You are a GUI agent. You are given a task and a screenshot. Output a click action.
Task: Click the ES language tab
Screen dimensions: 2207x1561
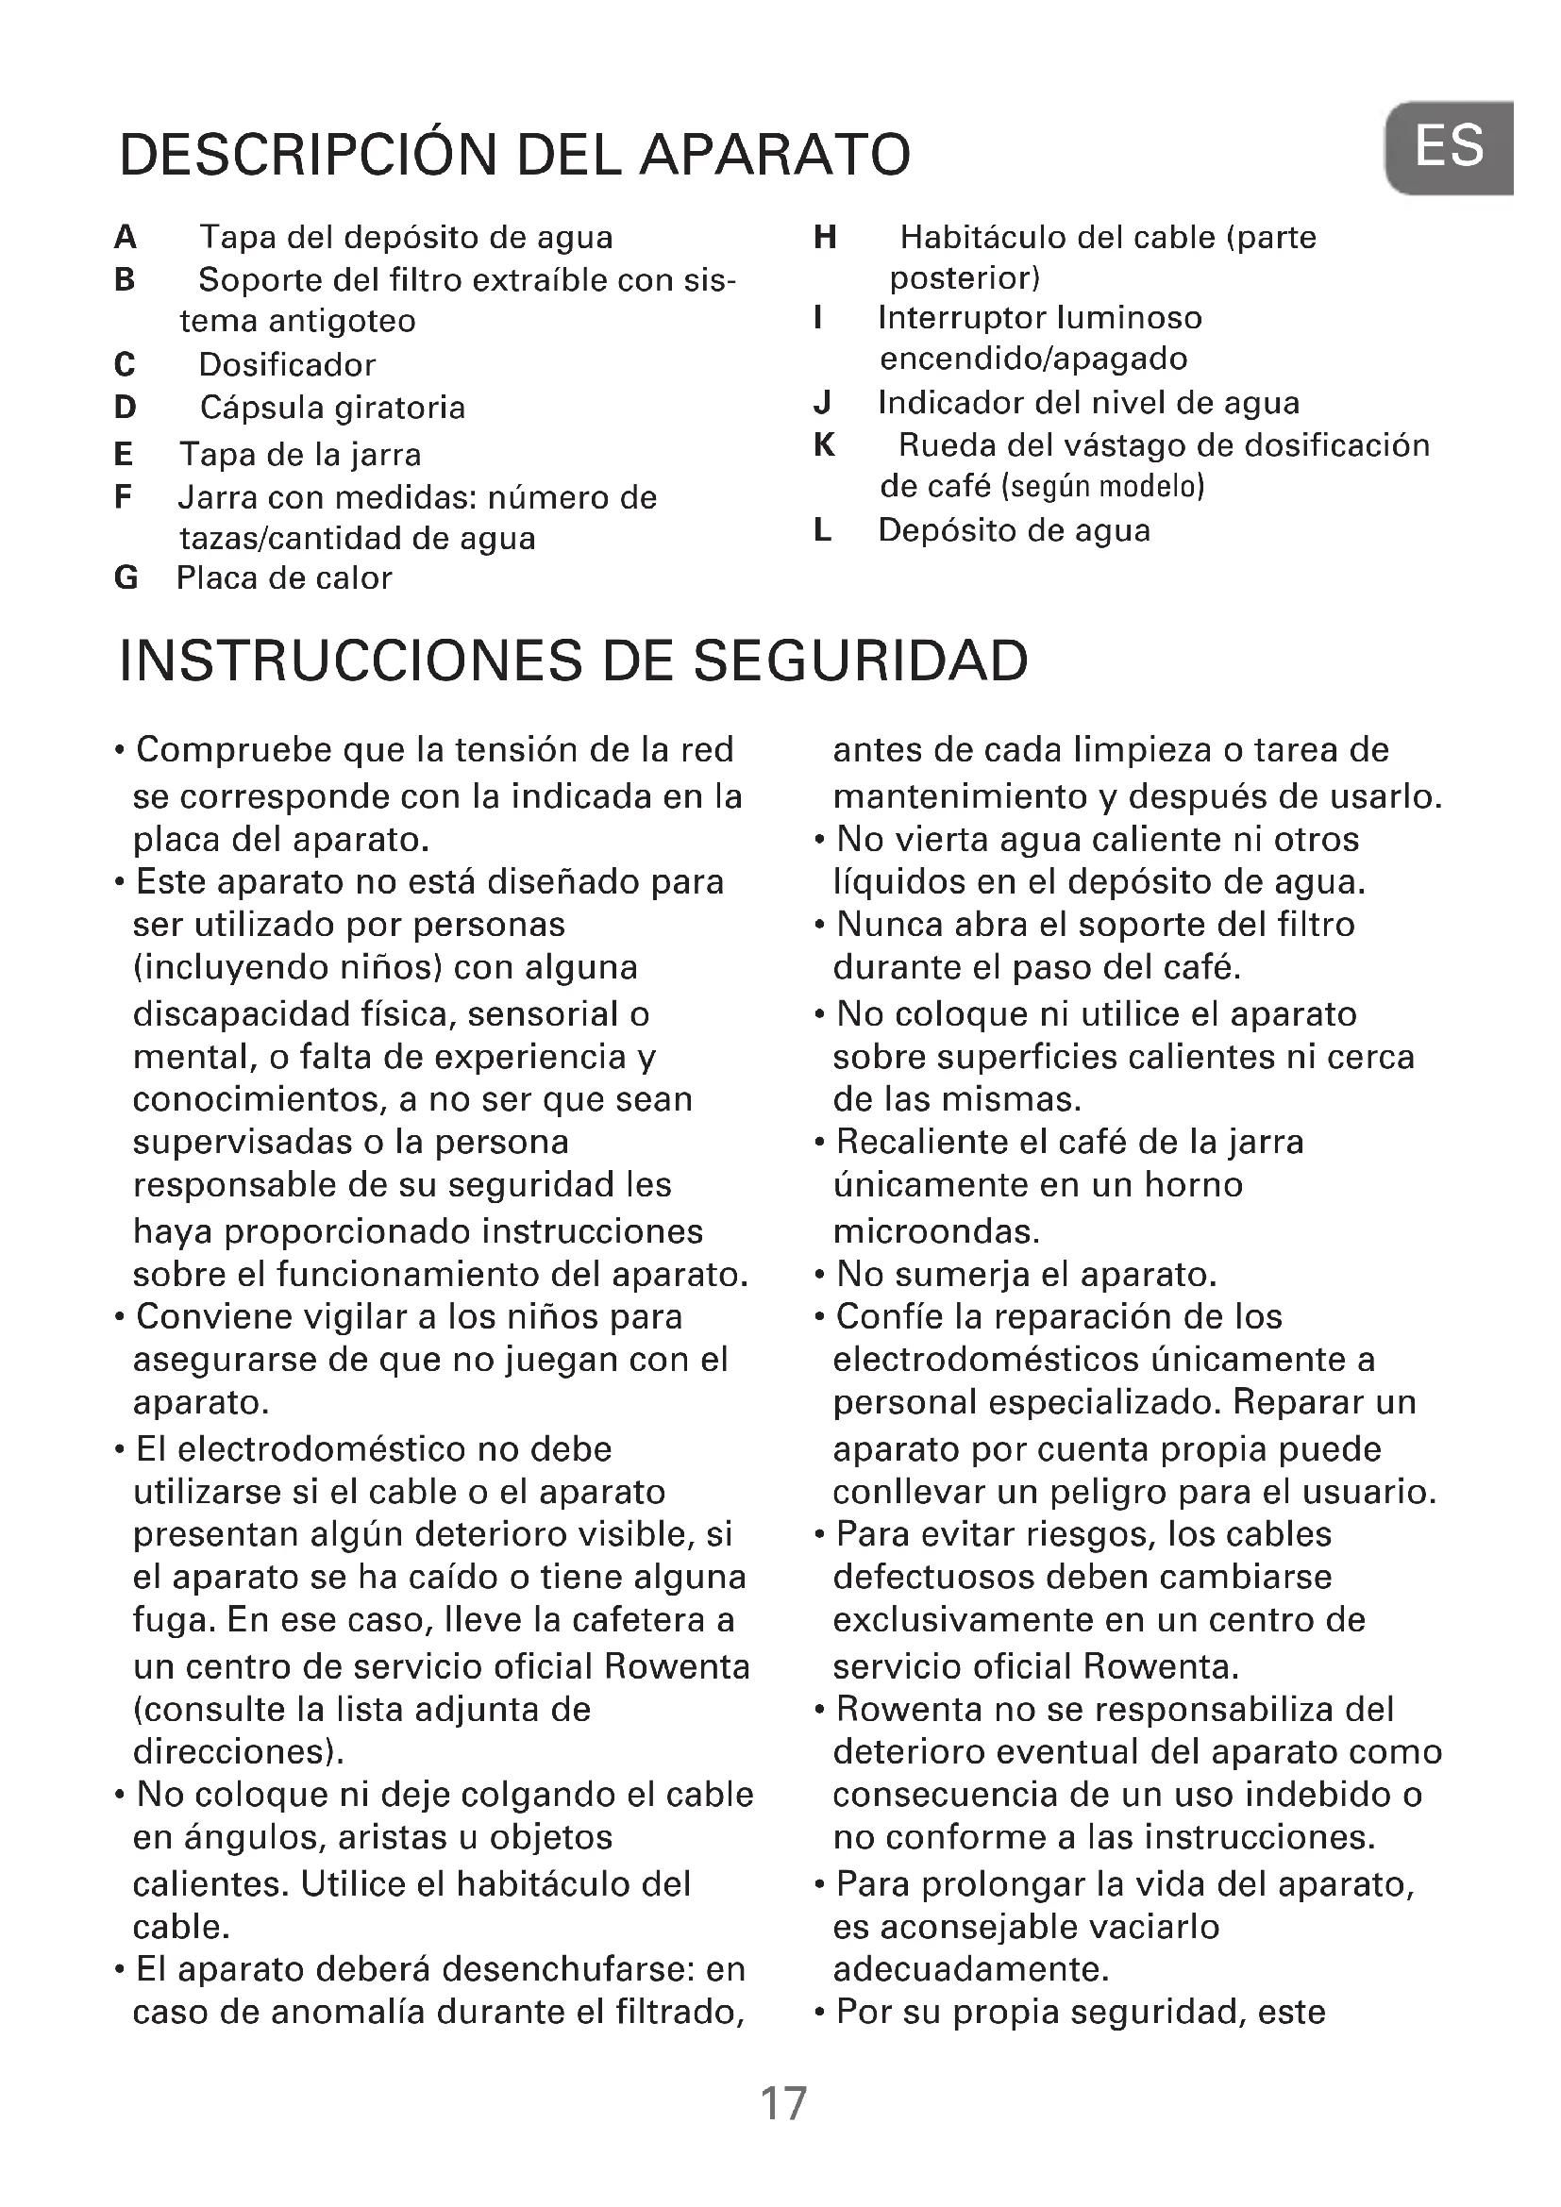1450,147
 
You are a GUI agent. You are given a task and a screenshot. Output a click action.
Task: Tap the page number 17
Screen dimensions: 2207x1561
783,2104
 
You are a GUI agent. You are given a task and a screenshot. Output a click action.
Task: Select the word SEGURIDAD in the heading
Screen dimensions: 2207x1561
861,661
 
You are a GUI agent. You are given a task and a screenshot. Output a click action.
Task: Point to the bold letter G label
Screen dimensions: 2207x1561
126,578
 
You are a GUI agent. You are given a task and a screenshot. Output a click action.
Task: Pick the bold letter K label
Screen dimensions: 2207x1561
824,445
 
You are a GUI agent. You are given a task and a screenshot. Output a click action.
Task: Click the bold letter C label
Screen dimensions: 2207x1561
125,365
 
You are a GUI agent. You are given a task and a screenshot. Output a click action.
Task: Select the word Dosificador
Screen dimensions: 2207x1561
287,365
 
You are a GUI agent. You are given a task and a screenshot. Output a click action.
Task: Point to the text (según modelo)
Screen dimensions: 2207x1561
1102,487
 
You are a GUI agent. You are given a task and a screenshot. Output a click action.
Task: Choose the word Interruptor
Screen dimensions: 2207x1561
961,318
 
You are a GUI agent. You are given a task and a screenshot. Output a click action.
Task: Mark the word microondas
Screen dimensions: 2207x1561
936,1231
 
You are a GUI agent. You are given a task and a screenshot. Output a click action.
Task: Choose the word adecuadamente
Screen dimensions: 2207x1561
971,1969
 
